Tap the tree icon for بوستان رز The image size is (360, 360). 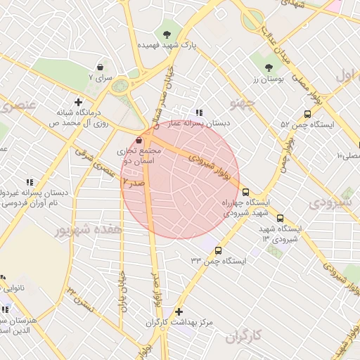click(x=269, y=68)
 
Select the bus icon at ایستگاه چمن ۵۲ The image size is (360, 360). click(x=307, y=113)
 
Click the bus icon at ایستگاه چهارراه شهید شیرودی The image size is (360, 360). click(x=245, y=191)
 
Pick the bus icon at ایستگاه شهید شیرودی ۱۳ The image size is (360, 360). click(x=281, y=218)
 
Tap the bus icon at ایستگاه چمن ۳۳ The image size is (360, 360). click(x=218, y=250)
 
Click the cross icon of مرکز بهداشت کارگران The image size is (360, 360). click(x=179, y=311)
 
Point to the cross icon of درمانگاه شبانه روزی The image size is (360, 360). click(x=78, y=102)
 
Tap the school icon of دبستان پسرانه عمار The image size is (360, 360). click(x=200, y=112)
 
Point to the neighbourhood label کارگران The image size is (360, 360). click(x=245, y=337)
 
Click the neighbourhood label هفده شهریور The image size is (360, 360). click(x=89, y=230)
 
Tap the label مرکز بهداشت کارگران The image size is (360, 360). click(x=179, y=323)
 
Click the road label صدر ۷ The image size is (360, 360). click(x=133, y=183)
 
